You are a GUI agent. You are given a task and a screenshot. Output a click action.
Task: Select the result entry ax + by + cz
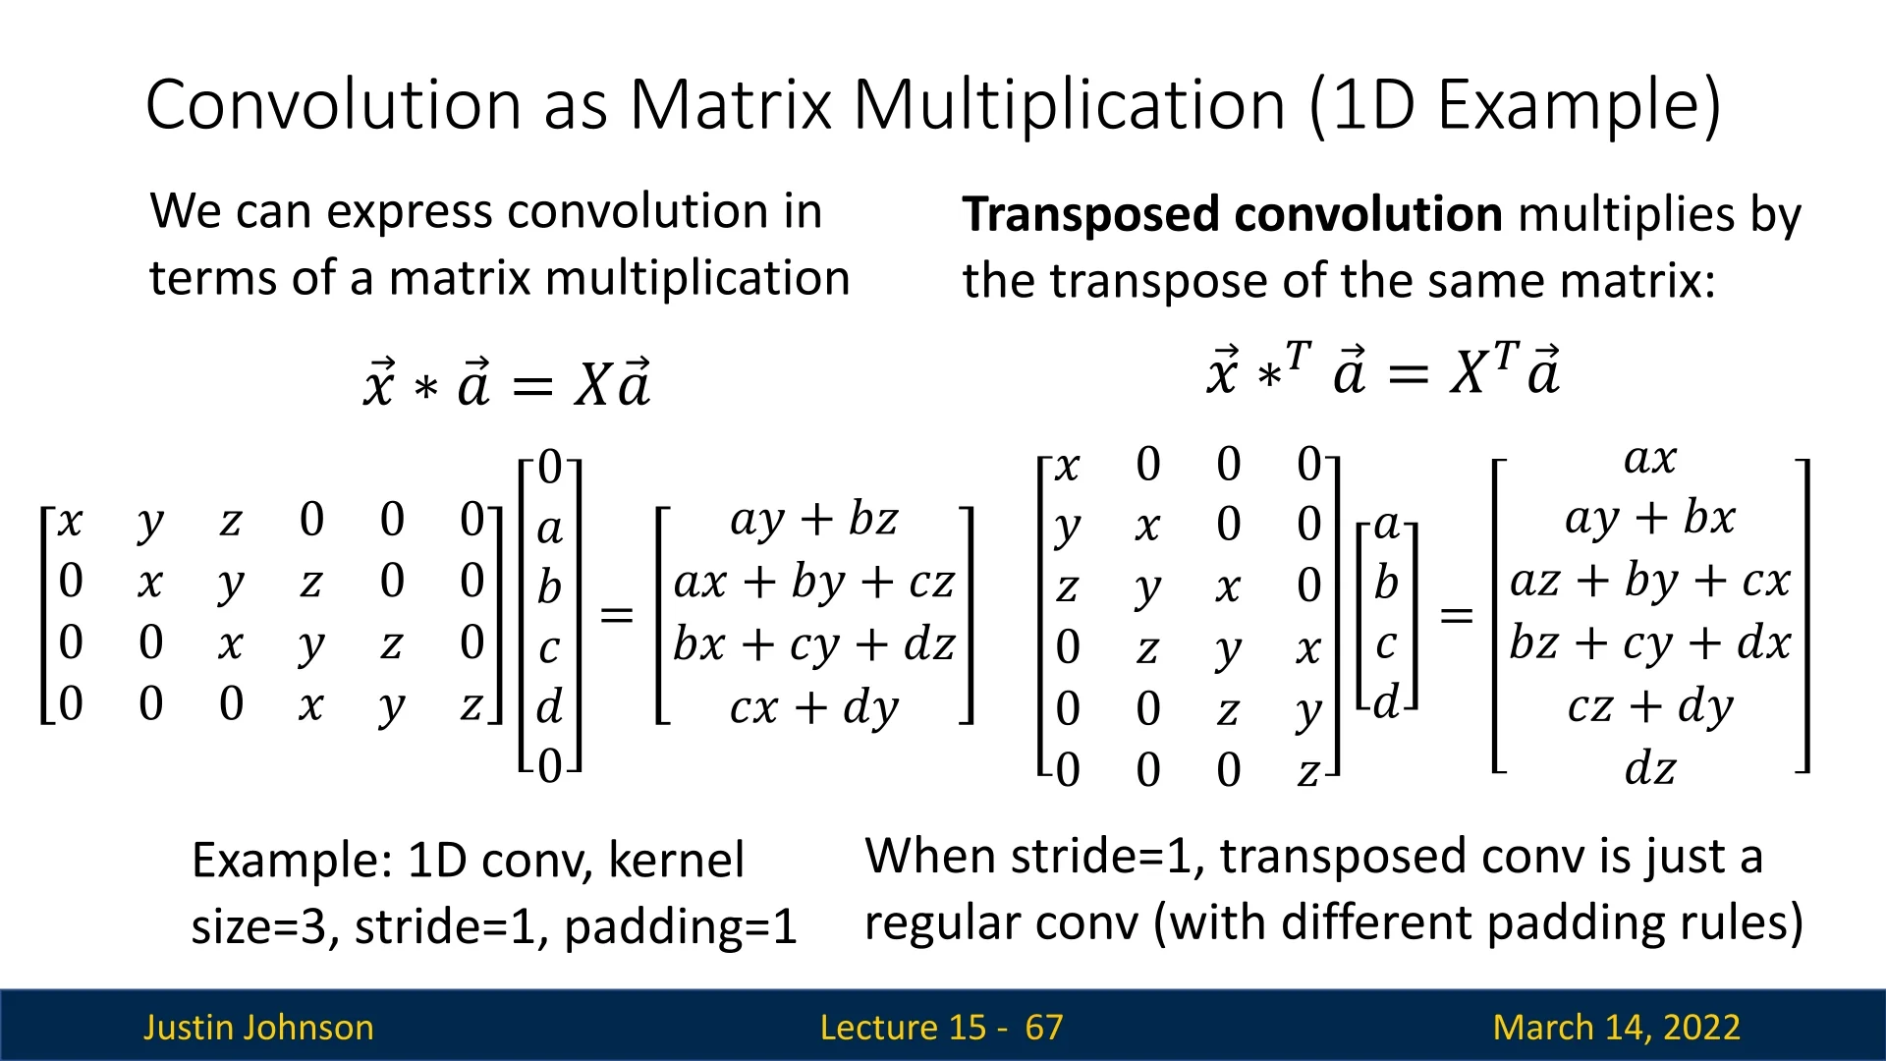click(x=814, y=583)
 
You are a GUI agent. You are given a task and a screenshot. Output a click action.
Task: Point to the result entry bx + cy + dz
click(x=814, y=644)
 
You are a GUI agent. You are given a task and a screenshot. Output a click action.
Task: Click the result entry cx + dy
click(x=814, y=707)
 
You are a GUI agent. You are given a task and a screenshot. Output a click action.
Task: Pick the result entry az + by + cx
click(x=1650, y=581)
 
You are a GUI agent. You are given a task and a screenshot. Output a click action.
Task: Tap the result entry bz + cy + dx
click(x=1650, y=643)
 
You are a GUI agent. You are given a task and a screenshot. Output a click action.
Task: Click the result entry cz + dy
click(x=1650, y=706)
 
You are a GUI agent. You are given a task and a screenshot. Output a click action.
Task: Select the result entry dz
click(x=1650, y=768)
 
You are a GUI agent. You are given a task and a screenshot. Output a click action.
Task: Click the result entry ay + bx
click(x=1650, y=519)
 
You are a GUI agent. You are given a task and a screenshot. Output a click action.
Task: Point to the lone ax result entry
click(x=1650, y=459)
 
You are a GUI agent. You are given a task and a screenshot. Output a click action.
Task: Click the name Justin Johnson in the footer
click(x=258, y=1028)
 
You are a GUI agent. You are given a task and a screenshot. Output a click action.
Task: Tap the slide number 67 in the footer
click(x=1043, y=1028)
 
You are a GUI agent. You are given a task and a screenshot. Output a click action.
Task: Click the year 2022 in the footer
click(x=1698, y=1028)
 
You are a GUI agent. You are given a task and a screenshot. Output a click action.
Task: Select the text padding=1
click(x=681, y=927)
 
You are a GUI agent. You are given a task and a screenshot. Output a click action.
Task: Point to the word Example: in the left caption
click(x=292, y=861)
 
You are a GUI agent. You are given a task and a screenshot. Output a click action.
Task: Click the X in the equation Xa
click(x=594, y=384)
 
